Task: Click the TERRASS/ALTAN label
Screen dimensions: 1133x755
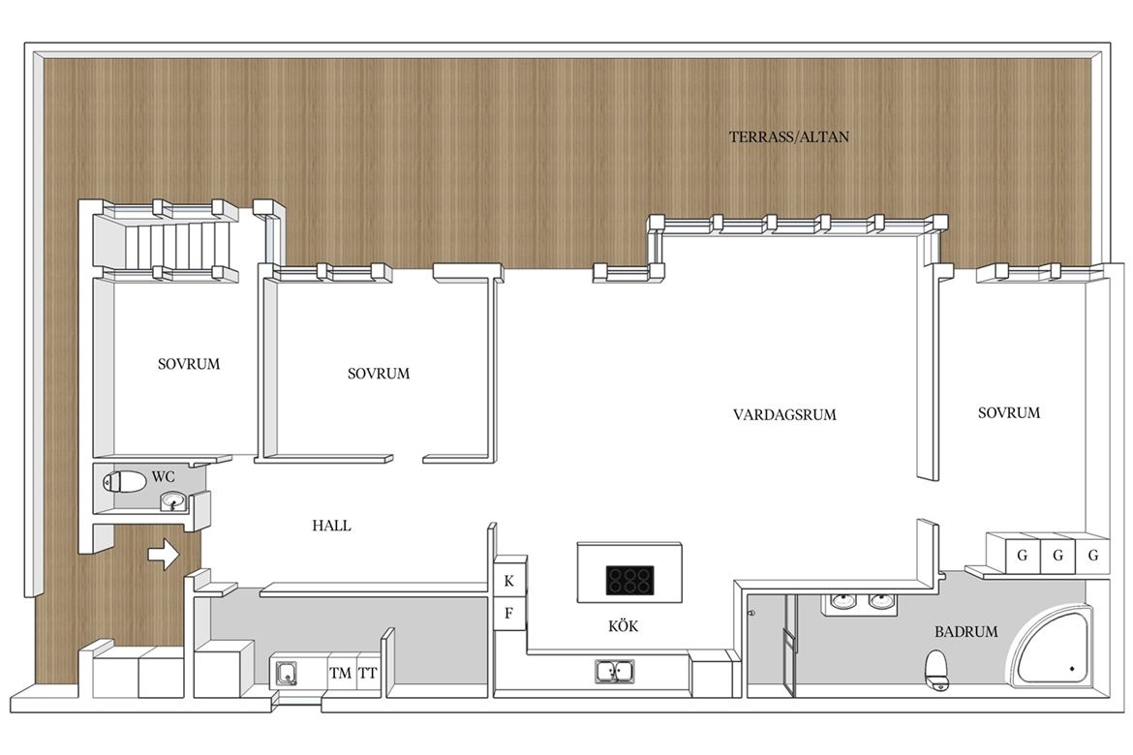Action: click(x=788, y=136)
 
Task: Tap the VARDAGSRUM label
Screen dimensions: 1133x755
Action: click(x=784, y=414)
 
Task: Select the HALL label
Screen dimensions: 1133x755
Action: click(x=331, y=526)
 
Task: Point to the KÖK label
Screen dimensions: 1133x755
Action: click(x=623, y=625)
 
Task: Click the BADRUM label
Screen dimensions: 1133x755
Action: click(x=966, y=631)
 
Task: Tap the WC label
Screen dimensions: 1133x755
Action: click(x=164, y=477)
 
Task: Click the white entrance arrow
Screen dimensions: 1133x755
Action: click(x=164, y=554)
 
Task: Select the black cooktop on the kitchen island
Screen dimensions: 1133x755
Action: click(x=629, y=580)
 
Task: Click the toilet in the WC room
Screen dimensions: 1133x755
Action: click(x=124, y=481)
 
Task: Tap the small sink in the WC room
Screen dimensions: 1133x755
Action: click(x=173, y=500)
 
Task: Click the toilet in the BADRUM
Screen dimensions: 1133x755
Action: click(x=936, y=670)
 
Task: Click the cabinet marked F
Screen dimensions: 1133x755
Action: click(x=510, y=614)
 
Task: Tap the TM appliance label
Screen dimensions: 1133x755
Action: click(x=340, y=674)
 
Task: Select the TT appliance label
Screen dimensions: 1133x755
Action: click(x=368, y=674)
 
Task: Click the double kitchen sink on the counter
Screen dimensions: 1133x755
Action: click(x=614, y=671)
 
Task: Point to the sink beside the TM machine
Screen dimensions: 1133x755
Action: click(x=286, y=673)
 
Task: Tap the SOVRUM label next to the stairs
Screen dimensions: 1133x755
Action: click(x=189, y=364)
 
